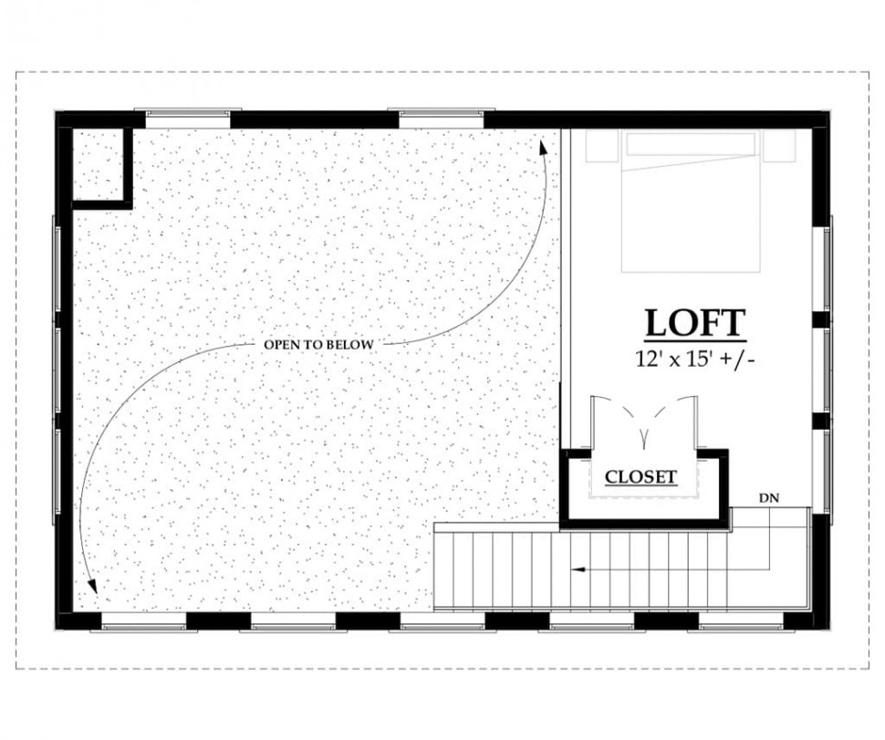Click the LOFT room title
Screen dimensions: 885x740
pos(695,323)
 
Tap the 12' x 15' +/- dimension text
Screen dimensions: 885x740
pos(695,359)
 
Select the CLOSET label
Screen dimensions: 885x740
pos(640,477)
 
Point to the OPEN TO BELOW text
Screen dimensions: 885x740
pos(319,344)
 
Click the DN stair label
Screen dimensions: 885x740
pos(769,498)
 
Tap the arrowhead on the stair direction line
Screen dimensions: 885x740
pos(577,569)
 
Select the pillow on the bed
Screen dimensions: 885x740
pos(691,145)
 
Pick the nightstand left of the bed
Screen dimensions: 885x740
pos(603,146)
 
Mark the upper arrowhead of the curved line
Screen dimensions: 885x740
pos(543,148)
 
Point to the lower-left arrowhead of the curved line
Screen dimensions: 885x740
pos(92,586)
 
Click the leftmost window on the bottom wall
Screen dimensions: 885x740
pos(144,622)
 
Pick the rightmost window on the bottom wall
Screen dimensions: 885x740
pos(742,622)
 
